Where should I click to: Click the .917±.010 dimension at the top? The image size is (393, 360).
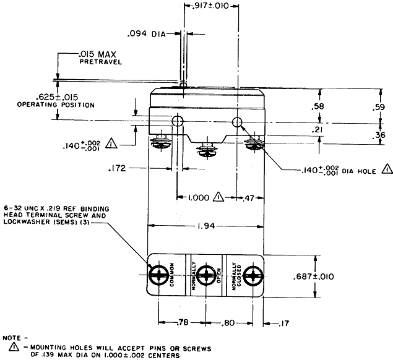tap(212, 5)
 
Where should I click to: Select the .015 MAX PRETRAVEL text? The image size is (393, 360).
tap(102, 58)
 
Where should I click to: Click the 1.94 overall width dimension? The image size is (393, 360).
tap(206, 227)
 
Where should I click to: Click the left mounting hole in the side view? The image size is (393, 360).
tap(177, 120)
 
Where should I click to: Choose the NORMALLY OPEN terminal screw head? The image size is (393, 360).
tap(206, 275)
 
